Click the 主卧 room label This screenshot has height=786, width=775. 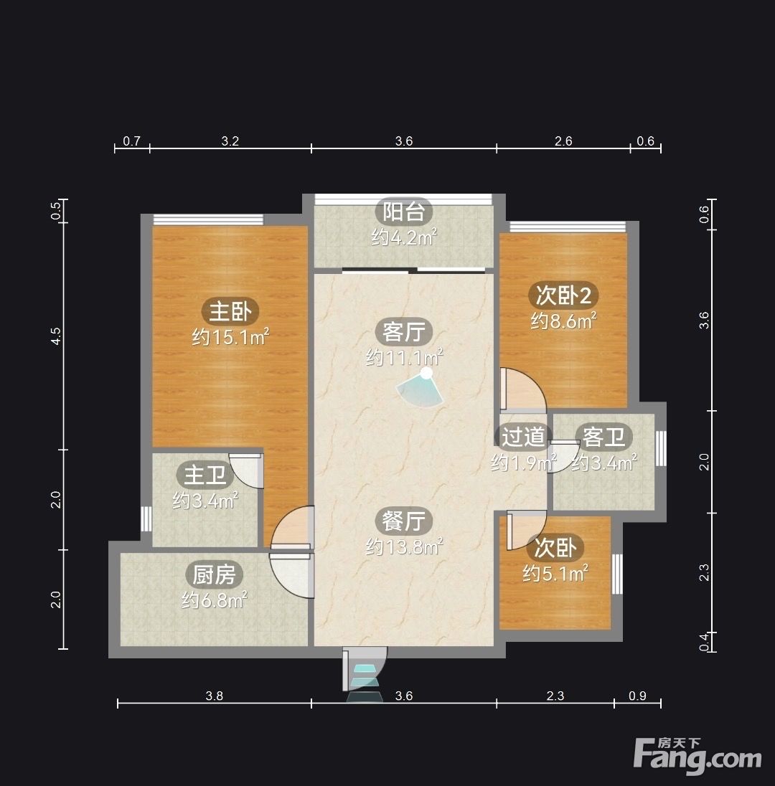[230, 311]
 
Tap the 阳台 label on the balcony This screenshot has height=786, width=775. [404, 212]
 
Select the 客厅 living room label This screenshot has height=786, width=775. [404, 332]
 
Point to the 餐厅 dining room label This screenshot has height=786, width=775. [404, 521]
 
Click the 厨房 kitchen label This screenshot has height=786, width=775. [214, 574]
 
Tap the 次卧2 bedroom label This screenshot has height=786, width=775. [563, 295]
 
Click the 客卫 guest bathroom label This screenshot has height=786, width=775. [604, 437]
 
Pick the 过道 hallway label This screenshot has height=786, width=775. [524, 437]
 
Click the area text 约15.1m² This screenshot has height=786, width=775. [231, 337]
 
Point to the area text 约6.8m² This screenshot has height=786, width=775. [215, 600]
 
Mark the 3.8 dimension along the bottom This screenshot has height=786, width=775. [214, 695]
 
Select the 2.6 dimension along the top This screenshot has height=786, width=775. [563, 141]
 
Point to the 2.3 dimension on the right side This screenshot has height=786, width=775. [704, 572]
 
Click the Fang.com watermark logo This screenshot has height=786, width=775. [697, 755]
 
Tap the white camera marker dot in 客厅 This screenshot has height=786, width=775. [426, 373]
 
